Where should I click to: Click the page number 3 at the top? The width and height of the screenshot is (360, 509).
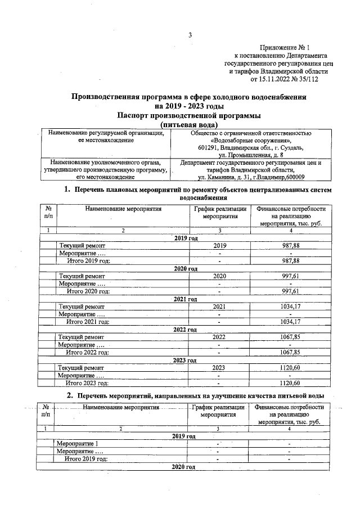[190, 36]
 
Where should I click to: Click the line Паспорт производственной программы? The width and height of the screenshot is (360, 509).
[189, 115]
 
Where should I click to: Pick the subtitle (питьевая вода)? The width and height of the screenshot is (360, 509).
[189, 124]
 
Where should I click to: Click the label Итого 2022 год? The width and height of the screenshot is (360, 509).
[88, 352]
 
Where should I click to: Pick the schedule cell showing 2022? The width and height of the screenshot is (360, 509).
[219, 337]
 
